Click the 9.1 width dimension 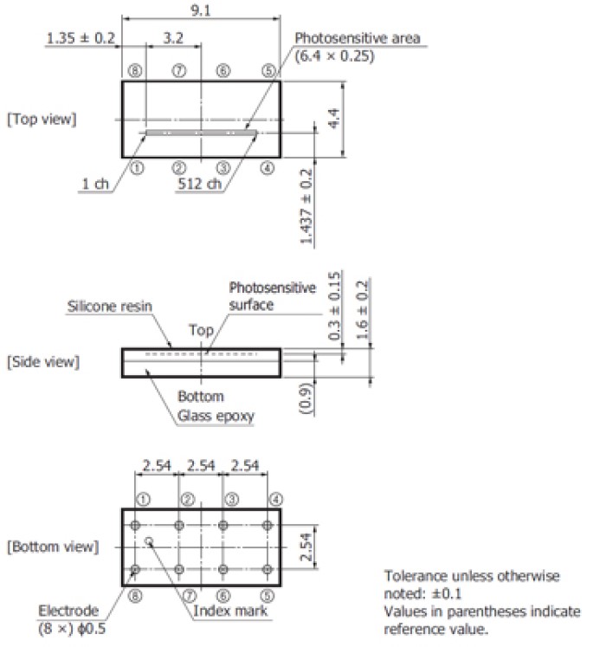[x=201, y=10]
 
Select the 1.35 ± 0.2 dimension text [x=81, y=38]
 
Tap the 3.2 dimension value [x=173, y=38]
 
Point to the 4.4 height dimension [x=334, y=119]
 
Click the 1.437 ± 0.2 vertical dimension [x=306, y=207]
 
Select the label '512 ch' [x=200, y=184]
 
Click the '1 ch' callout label [x=95, y=184]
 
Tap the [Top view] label [x=42, y=120]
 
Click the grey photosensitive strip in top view [x=201, y=133]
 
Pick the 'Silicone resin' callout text [x=110, y=306]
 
